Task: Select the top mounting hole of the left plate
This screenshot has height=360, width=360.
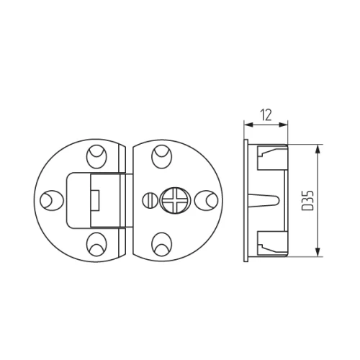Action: pos(96,156)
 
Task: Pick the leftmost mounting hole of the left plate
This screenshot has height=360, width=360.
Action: pos(50,199)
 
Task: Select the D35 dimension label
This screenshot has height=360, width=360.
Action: pos(308,199)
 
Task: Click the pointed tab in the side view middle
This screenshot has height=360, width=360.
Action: pos(266,199)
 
